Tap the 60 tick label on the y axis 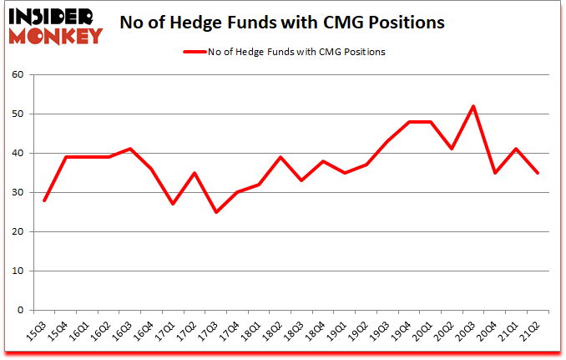pyautogui.click(x=19, y=74)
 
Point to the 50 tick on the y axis pyautogui.click(x=19, y=114)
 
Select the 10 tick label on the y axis pyautogui.click(x=19, y=271)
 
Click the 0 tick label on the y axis pyautogui.click(x=22, y=310)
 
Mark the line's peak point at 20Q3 pyautogui.click(x=473, y=106)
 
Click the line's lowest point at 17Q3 pyautogui.click(x=215, y=212)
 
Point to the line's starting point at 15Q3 pyautogui.click(x=43, y=200)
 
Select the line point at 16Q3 pyautogui.click(x=129, y=149)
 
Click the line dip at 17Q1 pyautogui.click(x=173, y=204)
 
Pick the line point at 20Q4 pyautogui.click(x=495, y=173)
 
